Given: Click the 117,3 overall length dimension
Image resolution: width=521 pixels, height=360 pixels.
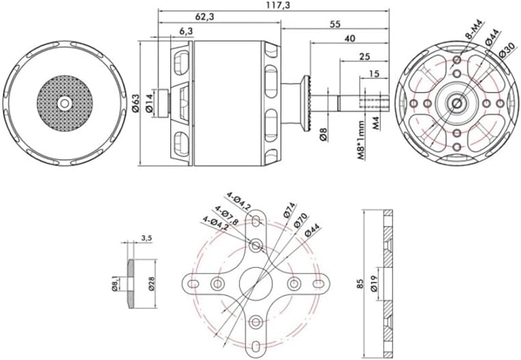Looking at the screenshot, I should (276, 5).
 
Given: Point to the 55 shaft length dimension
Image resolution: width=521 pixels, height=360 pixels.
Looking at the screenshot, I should (335, 23).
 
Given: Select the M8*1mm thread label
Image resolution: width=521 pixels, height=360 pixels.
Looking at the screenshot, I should (361, 138).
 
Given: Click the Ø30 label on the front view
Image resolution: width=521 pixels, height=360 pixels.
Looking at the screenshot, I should (508, 51).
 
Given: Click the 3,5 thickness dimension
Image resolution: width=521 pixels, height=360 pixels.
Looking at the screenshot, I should (146, 238).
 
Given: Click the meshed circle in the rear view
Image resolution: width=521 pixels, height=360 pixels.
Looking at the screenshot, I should (64, 102).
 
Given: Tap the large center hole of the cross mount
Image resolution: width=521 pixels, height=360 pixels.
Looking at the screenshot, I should (256, 283).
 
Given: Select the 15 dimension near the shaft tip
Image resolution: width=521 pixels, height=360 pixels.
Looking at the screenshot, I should (375, 74).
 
